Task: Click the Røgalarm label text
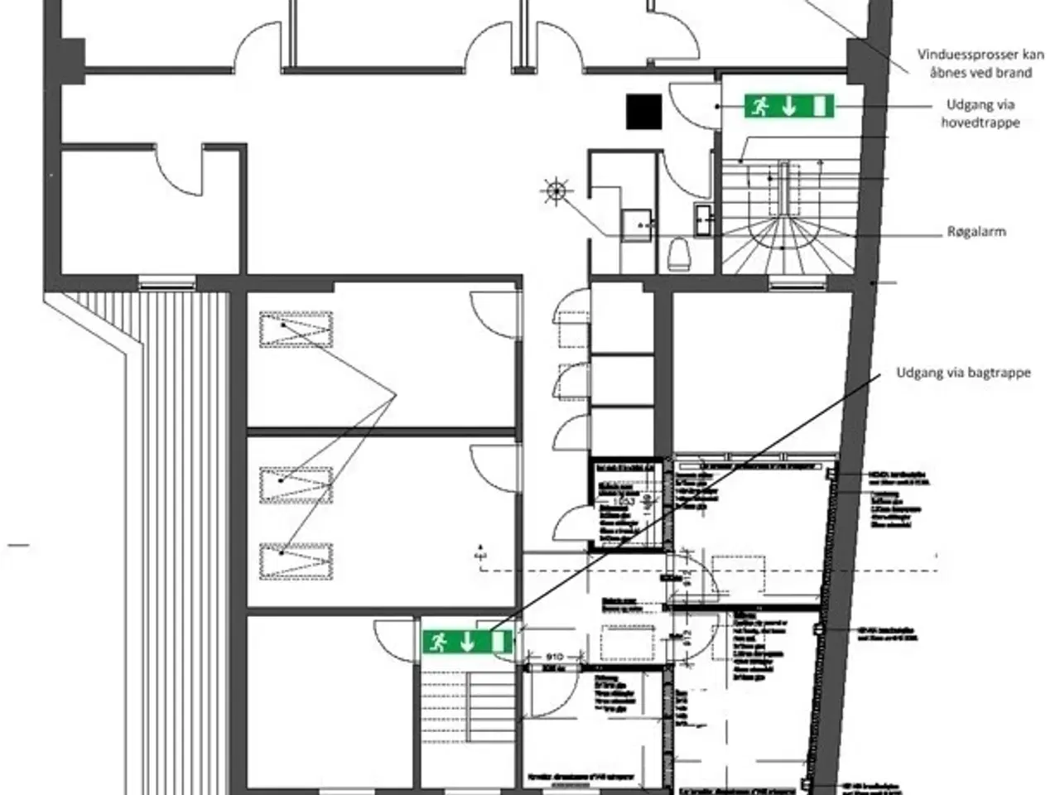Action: pyautogui.click(x=976, y=232)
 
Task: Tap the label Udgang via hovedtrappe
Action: pyautogui.click(x=980, y=113)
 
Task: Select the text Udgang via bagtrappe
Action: pyautogui.click(x=963, y=373)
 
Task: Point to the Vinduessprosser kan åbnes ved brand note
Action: pyautogui.click(x=980, y=64)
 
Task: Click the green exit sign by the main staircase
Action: pyautogui.click(x=788, y=106)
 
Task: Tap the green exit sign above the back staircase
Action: pyautogui.click(x=467, y=641)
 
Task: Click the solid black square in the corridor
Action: pyautogui.click(x=643, y=112)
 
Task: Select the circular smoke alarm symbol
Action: pyautogui.click(x=556, y=192)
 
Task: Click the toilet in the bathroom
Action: pyautogui.click(x=678, y=253)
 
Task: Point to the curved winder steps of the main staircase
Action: pyautogui.click(x=782, y=240)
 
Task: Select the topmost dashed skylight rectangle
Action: pyautogui.click(x=296, y=329)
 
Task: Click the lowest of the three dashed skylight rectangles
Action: pyautogui.click(x=296, y=561)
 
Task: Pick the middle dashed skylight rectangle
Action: pyautogui.click(x=296, y=484)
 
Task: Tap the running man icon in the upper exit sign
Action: pyautogui.click(x=760, y=106)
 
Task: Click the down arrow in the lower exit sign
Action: pyautogui.click(x=467, y=641)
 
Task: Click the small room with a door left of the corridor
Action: pyautogui.click(x=153, y=211)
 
